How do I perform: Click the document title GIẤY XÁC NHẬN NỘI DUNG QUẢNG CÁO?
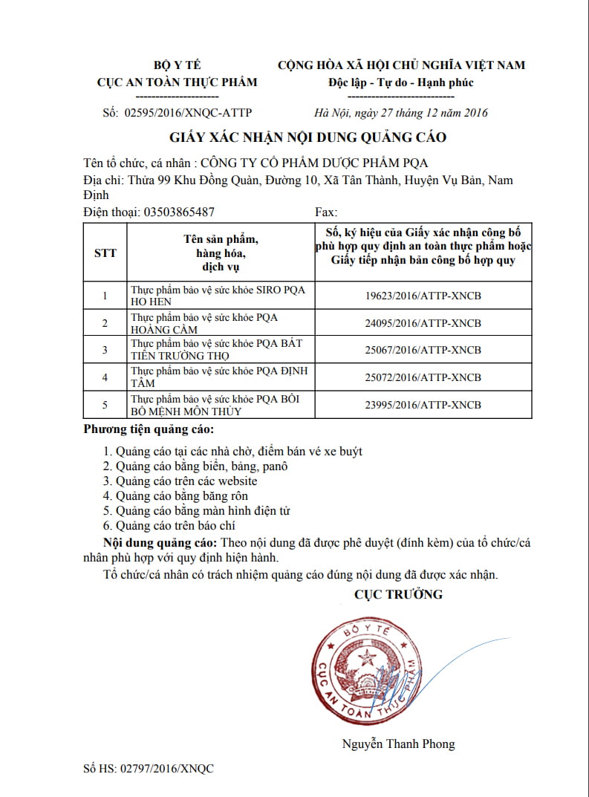point(307,137)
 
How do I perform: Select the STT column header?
point(105,253)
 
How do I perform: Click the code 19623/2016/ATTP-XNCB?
point(423,296)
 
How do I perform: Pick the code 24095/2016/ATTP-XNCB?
point(423,323)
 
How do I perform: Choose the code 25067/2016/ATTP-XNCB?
point(423,350)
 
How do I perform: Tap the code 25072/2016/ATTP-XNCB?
point(423,377)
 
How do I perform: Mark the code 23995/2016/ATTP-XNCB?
point(423,405)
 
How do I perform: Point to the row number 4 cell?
point(105,377)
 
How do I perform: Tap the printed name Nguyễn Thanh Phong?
point(398,744)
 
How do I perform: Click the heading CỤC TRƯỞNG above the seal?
point(398,594)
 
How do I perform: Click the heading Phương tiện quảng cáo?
point(148,430)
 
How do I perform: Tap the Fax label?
point(327,212)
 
